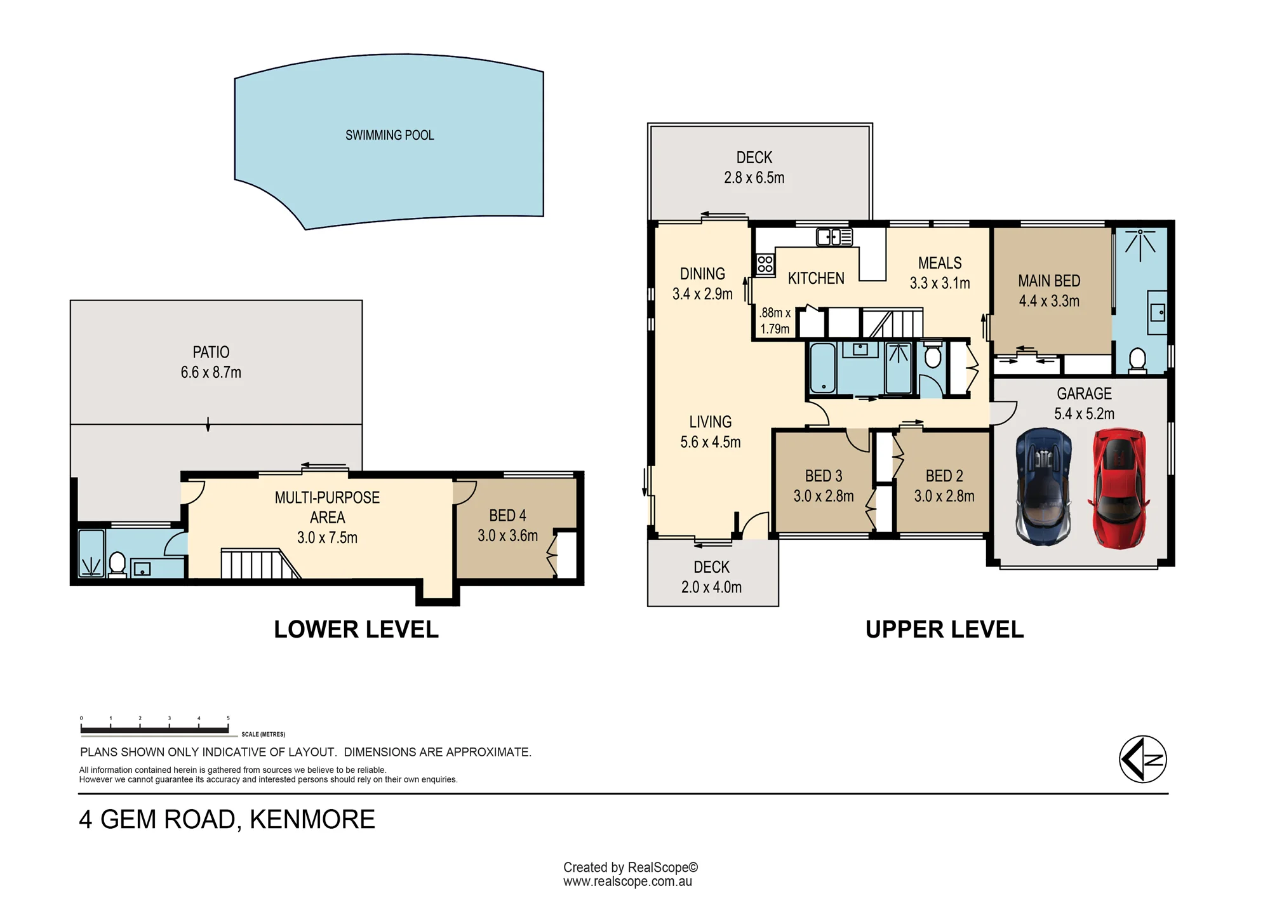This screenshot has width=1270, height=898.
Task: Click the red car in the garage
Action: click(x=1119, y=488)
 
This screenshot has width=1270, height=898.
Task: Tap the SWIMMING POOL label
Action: click(x=390, y=135)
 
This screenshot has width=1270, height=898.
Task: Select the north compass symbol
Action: click(x=1143, y=759)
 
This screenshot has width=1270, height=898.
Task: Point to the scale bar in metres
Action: click(x=155, y=730)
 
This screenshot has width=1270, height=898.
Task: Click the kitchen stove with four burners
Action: click(x=765, y=264)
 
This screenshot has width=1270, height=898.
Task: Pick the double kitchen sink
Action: click(x=834, y=237)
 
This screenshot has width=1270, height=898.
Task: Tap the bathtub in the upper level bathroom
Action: click(x=823, y=368)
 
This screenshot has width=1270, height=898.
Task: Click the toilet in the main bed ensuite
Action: click(x=1137, y=360)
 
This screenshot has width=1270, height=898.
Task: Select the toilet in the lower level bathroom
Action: click(x=117, y=564)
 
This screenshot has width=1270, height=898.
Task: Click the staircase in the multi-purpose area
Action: click(x=260, y=564)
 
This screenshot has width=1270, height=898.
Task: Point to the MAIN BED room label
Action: click(x=1049, y=281)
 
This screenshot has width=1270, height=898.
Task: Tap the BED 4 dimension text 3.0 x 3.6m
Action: click(x=508, y=535)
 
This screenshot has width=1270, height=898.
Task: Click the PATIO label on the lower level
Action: click(x=211, y=352)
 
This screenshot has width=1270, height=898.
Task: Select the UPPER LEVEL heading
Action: click(x=944, y=629)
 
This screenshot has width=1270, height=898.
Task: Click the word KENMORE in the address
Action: click(x=312, y=819)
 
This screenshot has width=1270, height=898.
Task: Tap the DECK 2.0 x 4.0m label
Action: click(x=711, y=577)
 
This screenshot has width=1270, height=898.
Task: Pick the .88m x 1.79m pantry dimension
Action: click(x=775, y=321)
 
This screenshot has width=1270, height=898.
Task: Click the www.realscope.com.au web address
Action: click(x=627, y=881)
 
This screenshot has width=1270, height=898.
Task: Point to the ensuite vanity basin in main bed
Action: click(x=1158, y=312)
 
